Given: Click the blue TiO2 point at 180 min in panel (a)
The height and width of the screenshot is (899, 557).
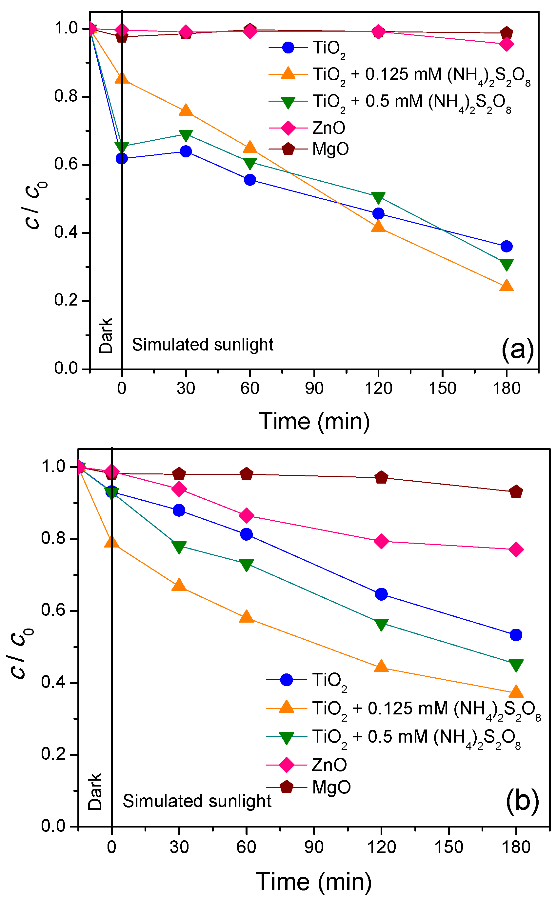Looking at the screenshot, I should click(x=507, y=246).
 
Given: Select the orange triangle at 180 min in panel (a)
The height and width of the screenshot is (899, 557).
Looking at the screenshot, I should click(x=507, y=286).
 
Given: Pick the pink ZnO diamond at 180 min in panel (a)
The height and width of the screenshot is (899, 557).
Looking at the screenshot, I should click(x=507, y=45).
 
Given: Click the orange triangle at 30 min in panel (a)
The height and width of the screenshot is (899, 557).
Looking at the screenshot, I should click(x=186, y=110).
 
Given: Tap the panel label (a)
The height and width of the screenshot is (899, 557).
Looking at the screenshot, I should click(x=517, y=350).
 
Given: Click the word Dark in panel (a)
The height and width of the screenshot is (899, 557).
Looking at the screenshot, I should click(x=106, y=335).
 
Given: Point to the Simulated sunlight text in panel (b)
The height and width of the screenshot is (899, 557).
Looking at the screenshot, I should click(x=197, y=801).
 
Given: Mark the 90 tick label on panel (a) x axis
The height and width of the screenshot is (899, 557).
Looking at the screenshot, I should click(x=314, y=388).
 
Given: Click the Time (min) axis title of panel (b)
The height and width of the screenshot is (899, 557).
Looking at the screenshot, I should click(x=313, y=882).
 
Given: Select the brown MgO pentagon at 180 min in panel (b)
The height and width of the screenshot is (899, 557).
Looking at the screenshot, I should click(x=516, y=492).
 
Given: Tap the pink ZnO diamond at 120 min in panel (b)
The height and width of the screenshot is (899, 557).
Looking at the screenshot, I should click(x=381, y=541).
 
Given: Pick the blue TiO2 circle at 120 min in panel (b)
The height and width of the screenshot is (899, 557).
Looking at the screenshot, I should click(x=381, y=594).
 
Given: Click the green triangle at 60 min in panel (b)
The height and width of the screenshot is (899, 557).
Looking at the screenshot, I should click(x=246, y=564).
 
